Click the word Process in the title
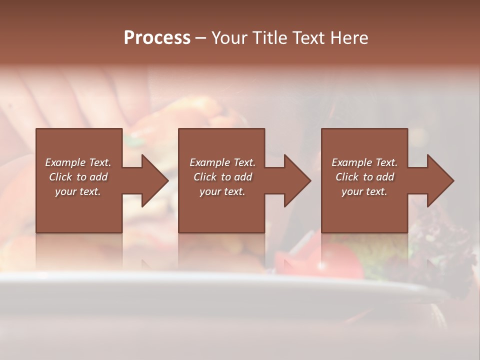(x=157, y=38)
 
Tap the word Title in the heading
(x=270, y=38)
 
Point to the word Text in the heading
(x=309, y=38)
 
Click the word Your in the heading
(x=229, y=38)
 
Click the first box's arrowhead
(x=154, y=180)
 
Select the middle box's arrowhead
(x=297, y=180)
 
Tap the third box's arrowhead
(x=440, y=180)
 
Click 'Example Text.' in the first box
(x=78, y=162)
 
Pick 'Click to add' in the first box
(x=78, y=177)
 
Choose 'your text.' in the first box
(x=78, y=191)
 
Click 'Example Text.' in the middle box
(x=222, y=162)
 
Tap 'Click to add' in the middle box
(x=222, y=177)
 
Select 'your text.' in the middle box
(x=222, y=191)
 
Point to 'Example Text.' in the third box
(x=364, y=162)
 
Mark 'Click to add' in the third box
(x=364, y=177)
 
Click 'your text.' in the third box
(x=364, y=191)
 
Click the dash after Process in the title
(x=201, y=38)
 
